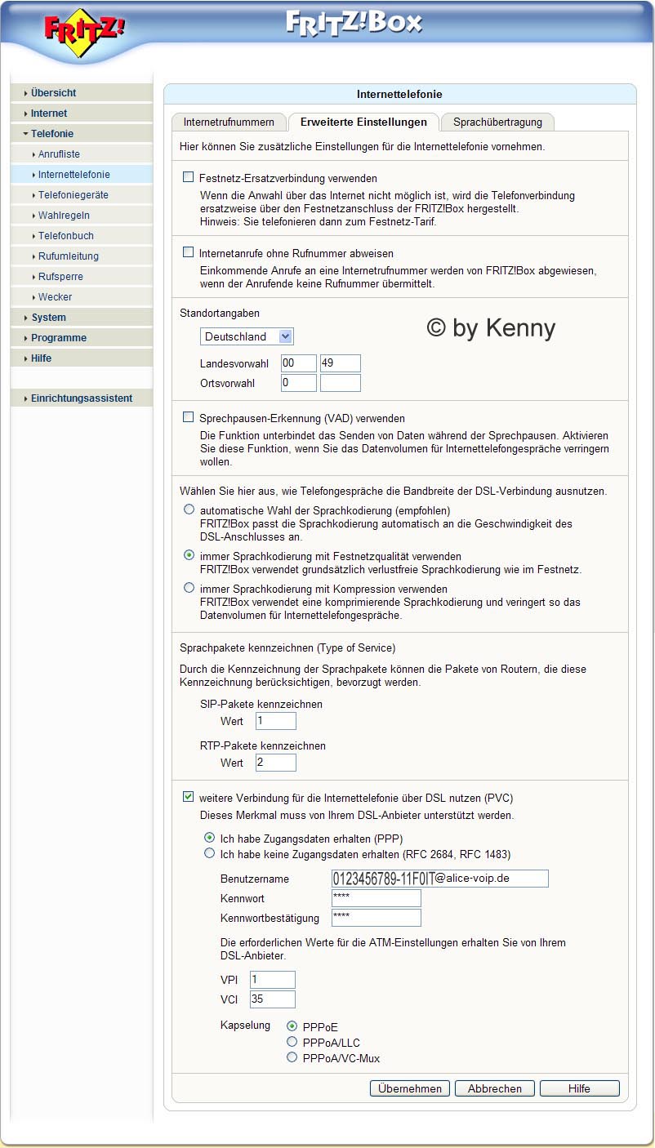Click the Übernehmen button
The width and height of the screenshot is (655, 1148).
click(410, 1088)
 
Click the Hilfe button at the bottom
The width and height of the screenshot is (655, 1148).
click(579, 1088)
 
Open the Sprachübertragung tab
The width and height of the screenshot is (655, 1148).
click(497, 122)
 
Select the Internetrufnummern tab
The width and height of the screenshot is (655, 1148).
click(229, 122)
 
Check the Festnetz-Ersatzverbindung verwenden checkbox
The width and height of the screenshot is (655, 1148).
click(189, 177)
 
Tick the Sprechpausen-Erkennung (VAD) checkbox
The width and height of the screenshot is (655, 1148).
click(189, 417)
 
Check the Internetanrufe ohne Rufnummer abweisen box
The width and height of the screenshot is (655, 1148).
click(189, 252)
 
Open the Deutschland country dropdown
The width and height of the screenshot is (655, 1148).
click(247, 336)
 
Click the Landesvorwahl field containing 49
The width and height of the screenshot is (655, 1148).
click(340, 363)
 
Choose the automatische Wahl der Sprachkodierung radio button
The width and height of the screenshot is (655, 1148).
click(189, 509)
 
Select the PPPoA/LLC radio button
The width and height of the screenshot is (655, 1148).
click(292, 1042)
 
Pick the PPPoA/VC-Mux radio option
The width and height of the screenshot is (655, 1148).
click(292, 1057)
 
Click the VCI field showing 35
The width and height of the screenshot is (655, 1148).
click(272, 999)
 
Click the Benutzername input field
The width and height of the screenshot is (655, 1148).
click(439, 879)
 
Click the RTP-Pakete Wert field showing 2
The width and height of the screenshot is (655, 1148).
click(274, 763)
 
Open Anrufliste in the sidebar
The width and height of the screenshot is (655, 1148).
click(59, 154)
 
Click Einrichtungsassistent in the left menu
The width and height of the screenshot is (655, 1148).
click(81, 398)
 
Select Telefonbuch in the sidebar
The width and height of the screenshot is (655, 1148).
click(65, 236)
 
